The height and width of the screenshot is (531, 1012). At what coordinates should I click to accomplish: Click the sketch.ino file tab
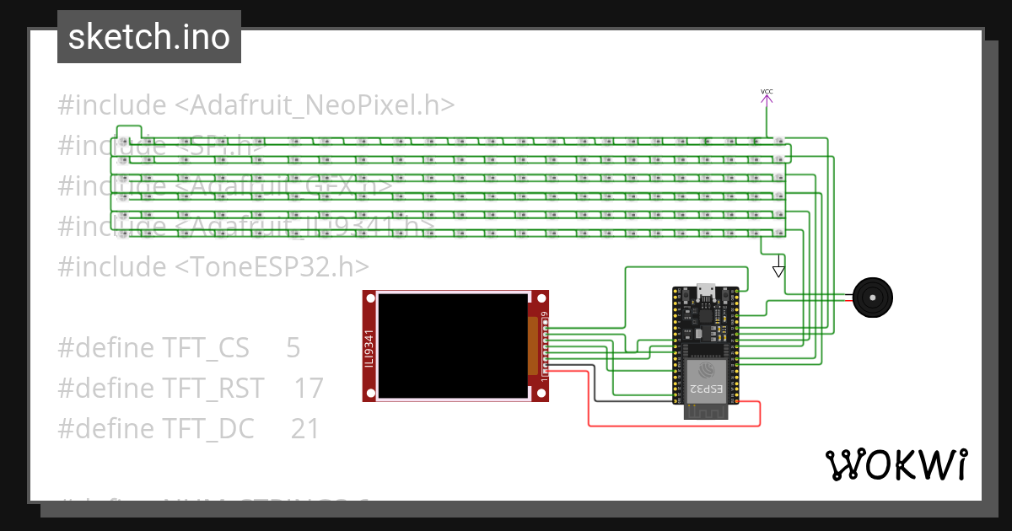pyautogui.click(x=149, y=37)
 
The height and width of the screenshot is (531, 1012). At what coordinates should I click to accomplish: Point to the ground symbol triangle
pyautogui.click(x=778, y=271)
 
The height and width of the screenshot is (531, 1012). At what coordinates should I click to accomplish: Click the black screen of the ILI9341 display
pyautogui.click(x=452, y=345)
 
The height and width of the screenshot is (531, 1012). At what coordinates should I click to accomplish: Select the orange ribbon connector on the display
pyautogui.click(x=533, y=346)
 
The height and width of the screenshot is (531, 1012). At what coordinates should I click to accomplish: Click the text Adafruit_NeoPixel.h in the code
pyautogui.click(x=315, y=105)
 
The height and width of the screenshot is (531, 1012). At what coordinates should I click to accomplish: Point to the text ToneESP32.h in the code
pyautogui.click(x=272, y=266)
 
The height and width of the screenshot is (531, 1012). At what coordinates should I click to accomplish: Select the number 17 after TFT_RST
pyautogui.click(x=309, y=388)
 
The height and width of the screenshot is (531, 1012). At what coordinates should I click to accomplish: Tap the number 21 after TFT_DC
pyautogui.click(x=305, y=428)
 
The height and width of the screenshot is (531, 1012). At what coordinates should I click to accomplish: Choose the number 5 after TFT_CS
pyautogui.click(x=293, y=347)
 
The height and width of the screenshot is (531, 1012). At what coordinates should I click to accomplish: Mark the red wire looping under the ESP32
pyautogui.click(x=675, y=426)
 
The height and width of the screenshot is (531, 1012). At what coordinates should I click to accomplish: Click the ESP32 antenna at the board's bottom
pyautogui.click(x=704, y=412)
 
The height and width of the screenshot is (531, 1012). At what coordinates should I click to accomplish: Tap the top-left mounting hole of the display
pyautogui.click(x=369, y=297)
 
